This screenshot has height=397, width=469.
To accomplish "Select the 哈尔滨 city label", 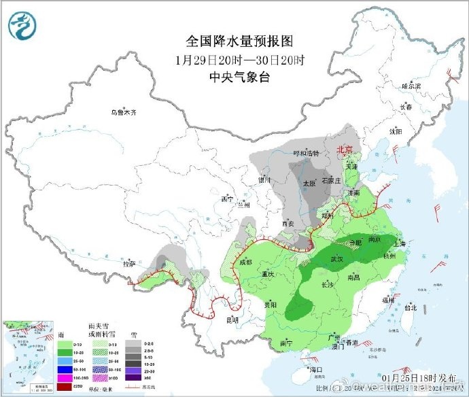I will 411,86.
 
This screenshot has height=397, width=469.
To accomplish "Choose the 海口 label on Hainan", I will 314,370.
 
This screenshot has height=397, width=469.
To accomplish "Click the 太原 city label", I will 309,183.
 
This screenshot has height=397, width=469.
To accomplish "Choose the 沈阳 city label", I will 396,131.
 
